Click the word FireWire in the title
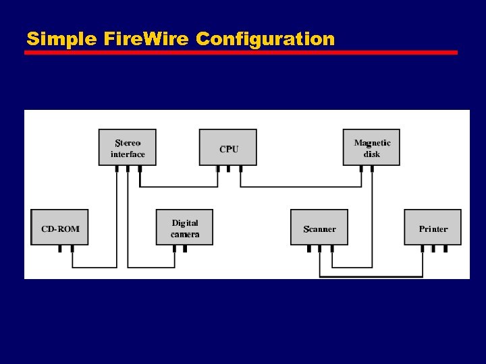(x=148, y=39)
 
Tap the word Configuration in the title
(x=265, y=40)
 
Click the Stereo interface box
(x=128, y=148)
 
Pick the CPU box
(x=228, y=148)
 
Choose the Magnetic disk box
(x=371, y=148)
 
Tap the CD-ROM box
(x=60, y=228)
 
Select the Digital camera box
(x=184, y=228)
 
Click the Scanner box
(x=319, y=228)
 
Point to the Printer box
(x=433, y=228)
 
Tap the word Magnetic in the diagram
(x=372, y=143)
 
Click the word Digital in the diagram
(x=185, y=223)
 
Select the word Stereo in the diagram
(x=128, y=143)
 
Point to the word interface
(x=128, y=154)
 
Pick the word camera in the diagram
(x=185, y=235)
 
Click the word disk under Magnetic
(x=372, y=154)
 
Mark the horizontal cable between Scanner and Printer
(x=371, y=276)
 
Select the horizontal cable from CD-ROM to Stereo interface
(x=94, y=268)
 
